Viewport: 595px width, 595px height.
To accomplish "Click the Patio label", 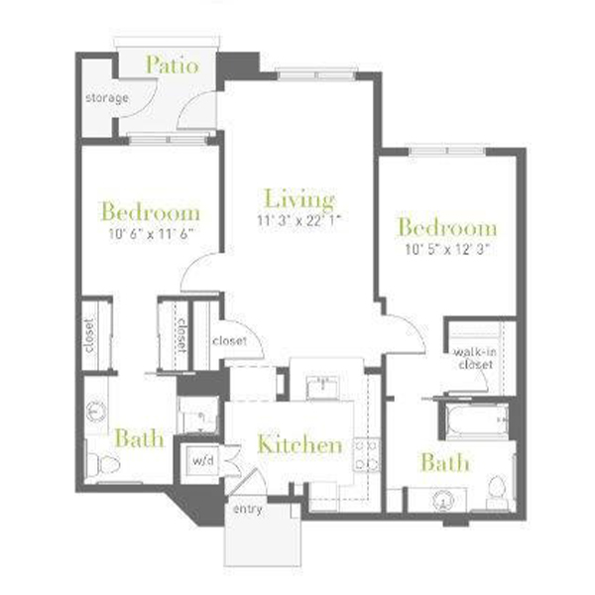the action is (x=173, y=64).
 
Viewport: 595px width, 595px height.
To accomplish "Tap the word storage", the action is (x=107, y=98).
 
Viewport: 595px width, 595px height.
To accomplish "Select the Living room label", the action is (x=299, y=199).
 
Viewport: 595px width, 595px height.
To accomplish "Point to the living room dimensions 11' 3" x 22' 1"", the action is (x=299, y=220).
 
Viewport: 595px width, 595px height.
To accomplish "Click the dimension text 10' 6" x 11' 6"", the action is (x=151, y=234).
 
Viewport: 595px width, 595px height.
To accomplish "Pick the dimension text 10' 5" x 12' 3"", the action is (x=447, y=249).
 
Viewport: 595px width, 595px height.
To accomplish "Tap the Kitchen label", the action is (x=299, y=444).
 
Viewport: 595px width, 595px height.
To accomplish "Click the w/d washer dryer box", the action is (x=202, y=460).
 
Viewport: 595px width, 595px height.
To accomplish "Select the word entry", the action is (x=247, y=510).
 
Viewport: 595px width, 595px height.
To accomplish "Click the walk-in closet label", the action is (x=475, y=359).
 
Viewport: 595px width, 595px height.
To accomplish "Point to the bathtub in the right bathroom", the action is (x=477, y=420).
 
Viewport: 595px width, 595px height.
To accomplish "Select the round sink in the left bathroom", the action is (x=96, y=411).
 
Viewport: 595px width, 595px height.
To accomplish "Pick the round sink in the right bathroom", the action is (x=443, y=501).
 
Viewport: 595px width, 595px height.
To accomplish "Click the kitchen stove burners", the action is (x=367, y=454).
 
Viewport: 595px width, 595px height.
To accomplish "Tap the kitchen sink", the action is (x=322, y=386).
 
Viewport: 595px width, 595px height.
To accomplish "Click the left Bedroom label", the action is (x=151, y=212).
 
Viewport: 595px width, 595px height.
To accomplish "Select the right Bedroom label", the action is (x=447, y=227).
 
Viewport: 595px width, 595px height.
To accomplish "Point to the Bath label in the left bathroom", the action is (x=139, y=438).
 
